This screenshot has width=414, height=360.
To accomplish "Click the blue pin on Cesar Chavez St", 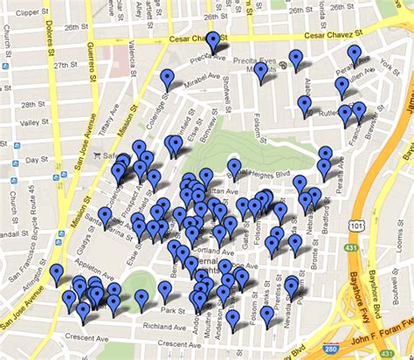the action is coord(213,42).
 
